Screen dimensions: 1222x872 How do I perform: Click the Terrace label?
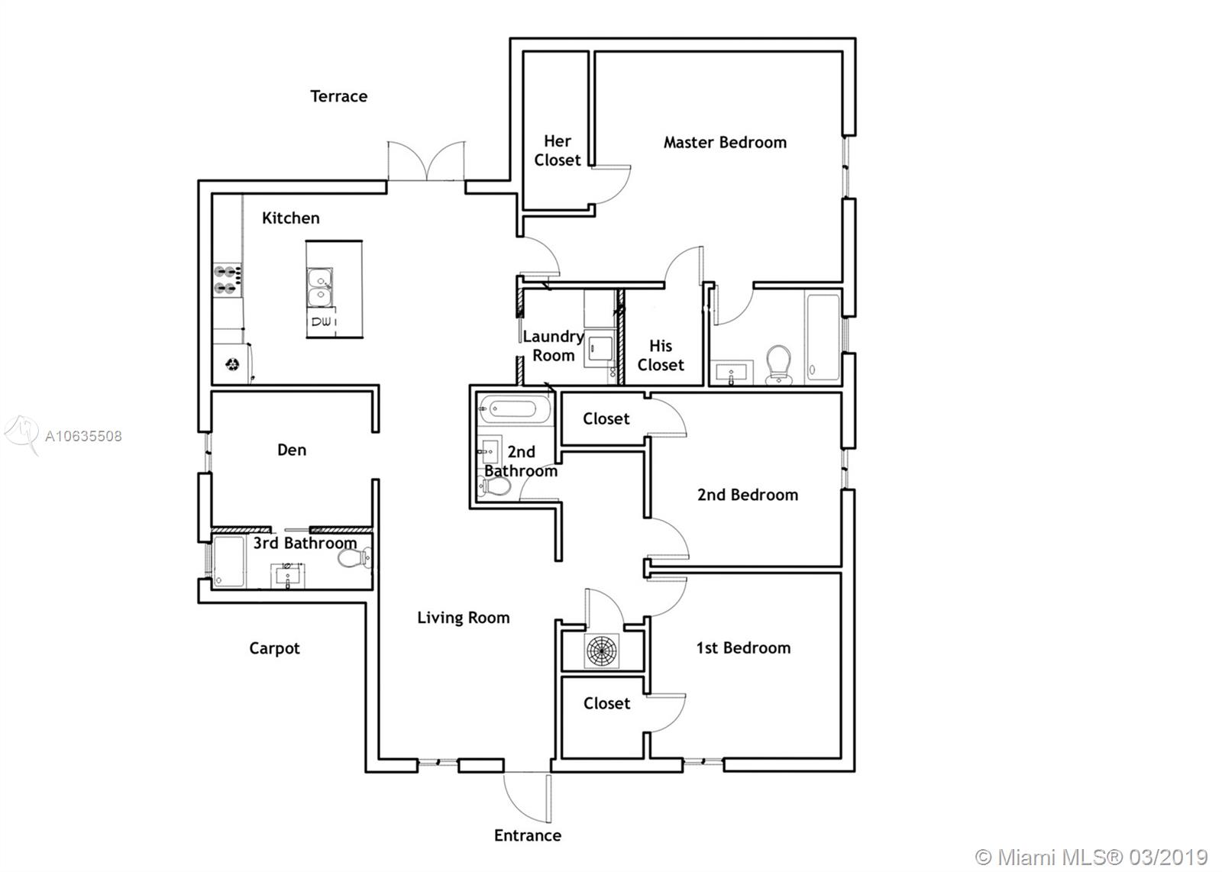339,96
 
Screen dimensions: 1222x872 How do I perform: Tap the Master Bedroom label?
725,142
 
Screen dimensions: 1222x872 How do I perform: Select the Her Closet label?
558,150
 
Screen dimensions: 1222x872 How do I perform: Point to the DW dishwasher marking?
322,321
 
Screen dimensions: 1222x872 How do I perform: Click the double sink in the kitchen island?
319,287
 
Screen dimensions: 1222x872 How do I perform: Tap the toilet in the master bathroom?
778,363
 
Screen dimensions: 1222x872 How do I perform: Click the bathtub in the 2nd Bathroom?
515,409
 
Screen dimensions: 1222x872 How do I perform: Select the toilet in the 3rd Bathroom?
354,558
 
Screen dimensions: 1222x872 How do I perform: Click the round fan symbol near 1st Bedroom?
601,651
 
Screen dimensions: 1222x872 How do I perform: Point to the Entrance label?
528,835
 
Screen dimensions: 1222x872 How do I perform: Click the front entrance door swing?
527,798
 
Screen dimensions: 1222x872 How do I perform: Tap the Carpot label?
274,648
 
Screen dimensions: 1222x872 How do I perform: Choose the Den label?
292,450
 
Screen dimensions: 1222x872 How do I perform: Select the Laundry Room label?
553,346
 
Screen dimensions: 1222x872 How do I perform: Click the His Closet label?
661,355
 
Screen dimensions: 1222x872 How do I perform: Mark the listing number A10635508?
83,436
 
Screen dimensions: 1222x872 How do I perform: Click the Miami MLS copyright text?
1091,857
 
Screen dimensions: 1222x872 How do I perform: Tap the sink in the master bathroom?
731,373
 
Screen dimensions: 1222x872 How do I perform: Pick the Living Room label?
464,617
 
